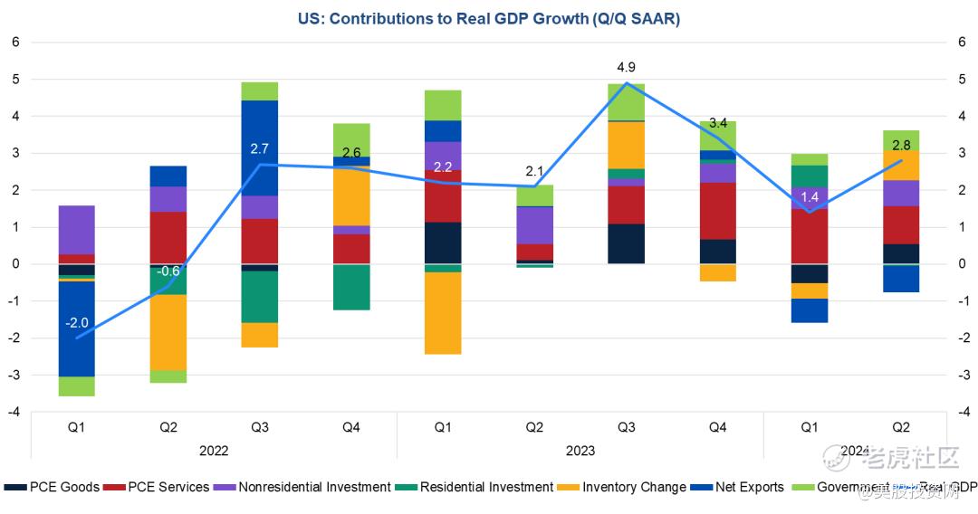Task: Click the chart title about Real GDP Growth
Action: click(x=488, y=18)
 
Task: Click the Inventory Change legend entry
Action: click(x=624, y=487)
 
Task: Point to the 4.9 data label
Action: click(x=627, y=68)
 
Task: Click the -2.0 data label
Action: click(x=77, y=323)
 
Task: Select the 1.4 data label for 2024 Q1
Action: click(x=810, y=196)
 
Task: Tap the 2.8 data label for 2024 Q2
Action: click(x=900, y=145)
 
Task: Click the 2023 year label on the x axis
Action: click(x=580, y=450)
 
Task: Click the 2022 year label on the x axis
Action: click(x=214, y=450)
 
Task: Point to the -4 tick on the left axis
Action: click(x=15, y=412)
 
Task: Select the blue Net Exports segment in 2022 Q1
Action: click(x=77, y=328)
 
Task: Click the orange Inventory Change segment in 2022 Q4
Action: click(x=351, y=195)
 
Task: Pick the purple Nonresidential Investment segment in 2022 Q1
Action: click(x=77, y=230)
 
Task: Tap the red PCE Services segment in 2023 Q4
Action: click(x=718, y=211)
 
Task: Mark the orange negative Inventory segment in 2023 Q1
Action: click(x=443, y=313)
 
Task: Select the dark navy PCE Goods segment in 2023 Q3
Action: click(x=627, y=243)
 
